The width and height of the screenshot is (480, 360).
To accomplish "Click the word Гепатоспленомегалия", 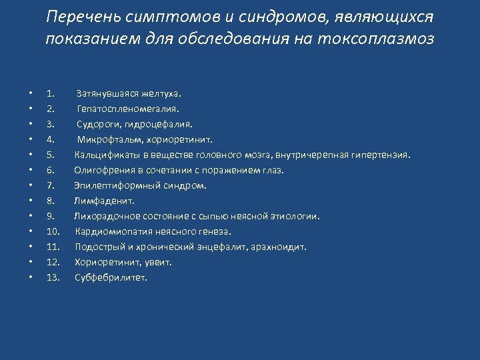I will click(128, 109).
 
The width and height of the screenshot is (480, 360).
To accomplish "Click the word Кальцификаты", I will click(104, 155).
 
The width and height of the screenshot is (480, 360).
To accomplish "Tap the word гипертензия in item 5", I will click(381, 155).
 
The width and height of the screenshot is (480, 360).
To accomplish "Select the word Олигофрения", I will click(102, 170).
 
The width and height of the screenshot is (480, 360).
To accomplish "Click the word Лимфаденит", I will click(104, 201).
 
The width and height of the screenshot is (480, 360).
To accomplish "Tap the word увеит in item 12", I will click(159, 262).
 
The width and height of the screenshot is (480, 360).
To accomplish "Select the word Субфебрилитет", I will click(111, 277).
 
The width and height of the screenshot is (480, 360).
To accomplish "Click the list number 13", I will click(53, 277).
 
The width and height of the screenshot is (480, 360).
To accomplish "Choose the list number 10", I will click(53, 231).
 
